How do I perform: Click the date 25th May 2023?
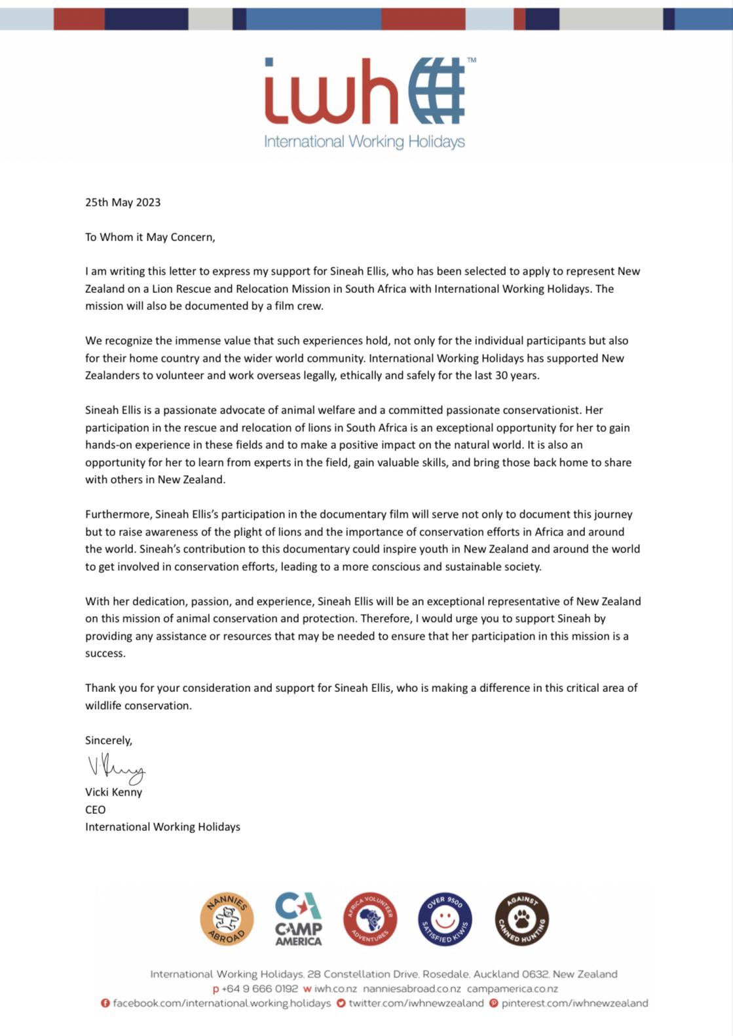coord(122,202)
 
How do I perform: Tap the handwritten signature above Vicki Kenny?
coord(117,769)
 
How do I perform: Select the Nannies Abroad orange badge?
coord(227,919)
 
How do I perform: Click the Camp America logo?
coord(298,919)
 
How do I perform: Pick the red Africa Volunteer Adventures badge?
coord(370,919)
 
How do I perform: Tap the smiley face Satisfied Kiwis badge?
coord(445,919)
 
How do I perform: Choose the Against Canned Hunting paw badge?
coord(521,919)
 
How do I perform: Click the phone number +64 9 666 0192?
coord(260,989)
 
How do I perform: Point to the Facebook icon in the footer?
coord(105,1003)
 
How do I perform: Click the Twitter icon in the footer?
coord(341,1003)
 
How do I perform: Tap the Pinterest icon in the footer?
coord(494,1003)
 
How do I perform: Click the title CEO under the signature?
coord(95,809)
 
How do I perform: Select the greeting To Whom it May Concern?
coord(150,237)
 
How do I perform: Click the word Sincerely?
coord(109,740)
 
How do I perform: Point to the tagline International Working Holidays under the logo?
coord(364,142)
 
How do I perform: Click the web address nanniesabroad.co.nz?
coord(412,989)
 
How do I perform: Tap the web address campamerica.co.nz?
coord(513,989)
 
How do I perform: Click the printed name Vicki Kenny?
coord(113,792)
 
